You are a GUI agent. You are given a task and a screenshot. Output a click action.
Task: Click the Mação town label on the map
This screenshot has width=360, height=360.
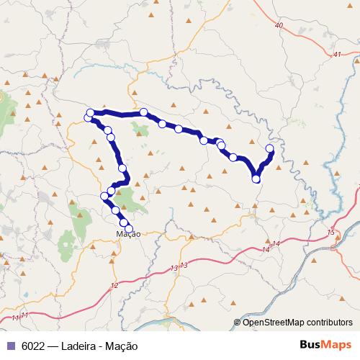point(127,233)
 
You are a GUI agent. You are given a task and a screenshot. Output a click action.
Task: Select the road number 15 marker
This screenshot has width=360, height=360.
point(331,233)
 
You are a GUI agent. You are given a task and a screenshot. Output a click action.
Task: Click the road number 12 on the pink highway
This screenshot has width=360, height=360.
point(114,286)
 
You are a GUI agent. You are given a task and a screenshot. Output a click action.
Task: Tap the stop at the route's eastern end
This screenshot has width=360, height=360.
point(270,148)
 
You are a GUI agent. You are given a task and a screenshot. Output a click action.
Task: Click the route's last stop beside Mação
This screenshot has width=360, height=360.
point(129,229)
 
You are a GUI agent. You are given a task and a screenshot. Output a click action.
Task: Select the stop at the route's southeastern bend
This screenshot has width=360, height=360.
point(256,178)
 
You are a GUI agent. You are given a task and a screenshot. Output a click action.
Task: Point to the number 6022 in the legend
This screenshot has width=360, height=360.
point(31,346)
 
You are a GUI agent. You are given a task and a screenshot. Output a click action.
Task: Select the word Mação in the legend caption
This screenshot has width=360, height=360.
point(122,346)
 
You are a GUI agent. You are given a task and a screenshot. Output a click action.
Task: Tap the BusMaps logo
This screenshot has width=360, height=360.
point(326,345)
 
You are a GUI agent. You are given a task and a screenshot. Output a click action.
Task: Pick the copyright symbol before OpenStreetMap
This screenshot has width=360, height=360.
point(237,322)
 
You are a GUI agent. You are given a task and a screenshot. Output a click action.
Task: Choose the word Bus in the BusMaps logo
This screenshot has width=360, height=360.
point(310,345)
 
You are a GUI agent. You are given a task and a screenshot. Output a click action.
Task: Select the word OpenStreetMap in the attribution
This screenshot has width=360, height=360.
point(274,322)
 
